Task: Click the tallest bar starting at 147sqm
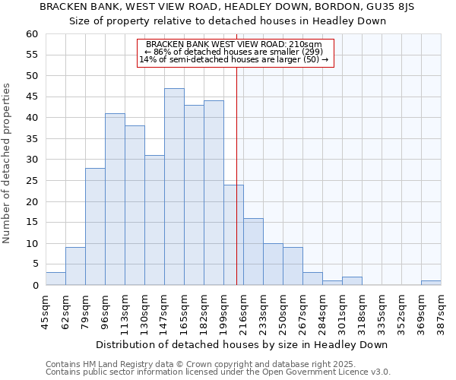[x=174, y=187]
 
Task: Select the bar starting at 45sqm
[x=55, y=279]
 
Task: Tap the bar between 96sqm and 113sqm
[x=115, y=199]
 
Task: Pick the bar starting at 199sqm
[x=233, y=235]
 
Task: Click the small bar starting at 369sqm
[x=431, y=283]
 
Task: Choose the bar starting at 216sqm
[x=253, y=252]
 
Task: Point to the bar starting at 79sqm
[x=95, y=226]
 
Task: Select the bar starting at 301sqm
[x=352, y=281]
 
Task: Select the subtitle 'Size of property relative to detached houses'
[x=228, y=21]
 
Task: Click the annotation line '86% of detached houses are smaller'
[x=236, y=52]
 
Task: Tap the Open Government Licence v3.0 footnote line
[x=218, y=372]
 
